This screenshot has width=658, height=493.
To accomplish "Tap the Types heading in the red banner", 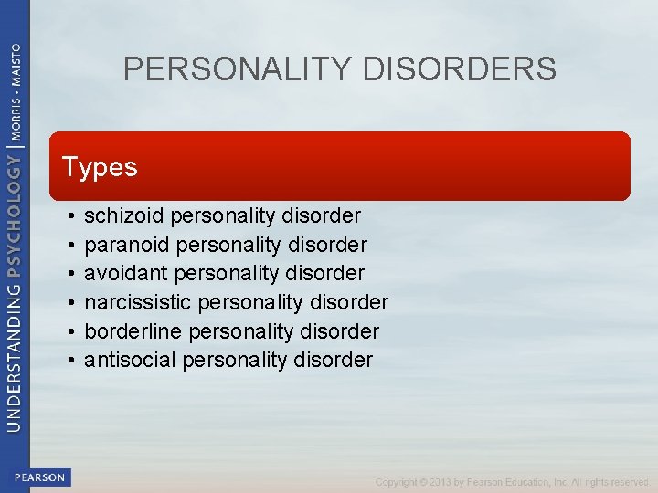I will (x=100, y=167).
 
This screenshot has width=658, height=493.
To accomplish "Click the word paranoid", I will (x=126, y=245).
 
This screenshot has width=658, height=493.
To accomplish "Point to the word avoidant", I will (x=122, y=273).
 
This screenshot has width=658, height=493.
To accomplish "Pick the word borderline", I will (x=131, y=330).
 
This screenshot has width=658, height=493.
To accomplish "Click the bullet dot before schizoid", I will (x=70, y=217).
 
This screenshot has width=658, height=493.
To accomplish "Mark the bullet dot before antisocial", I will (x=70, y=361).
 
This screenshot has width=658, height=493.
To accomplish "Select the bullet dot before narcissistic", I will (x=70, y=303).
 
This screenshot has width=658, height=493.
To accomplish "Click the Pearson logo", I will (x=40, y=477).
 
